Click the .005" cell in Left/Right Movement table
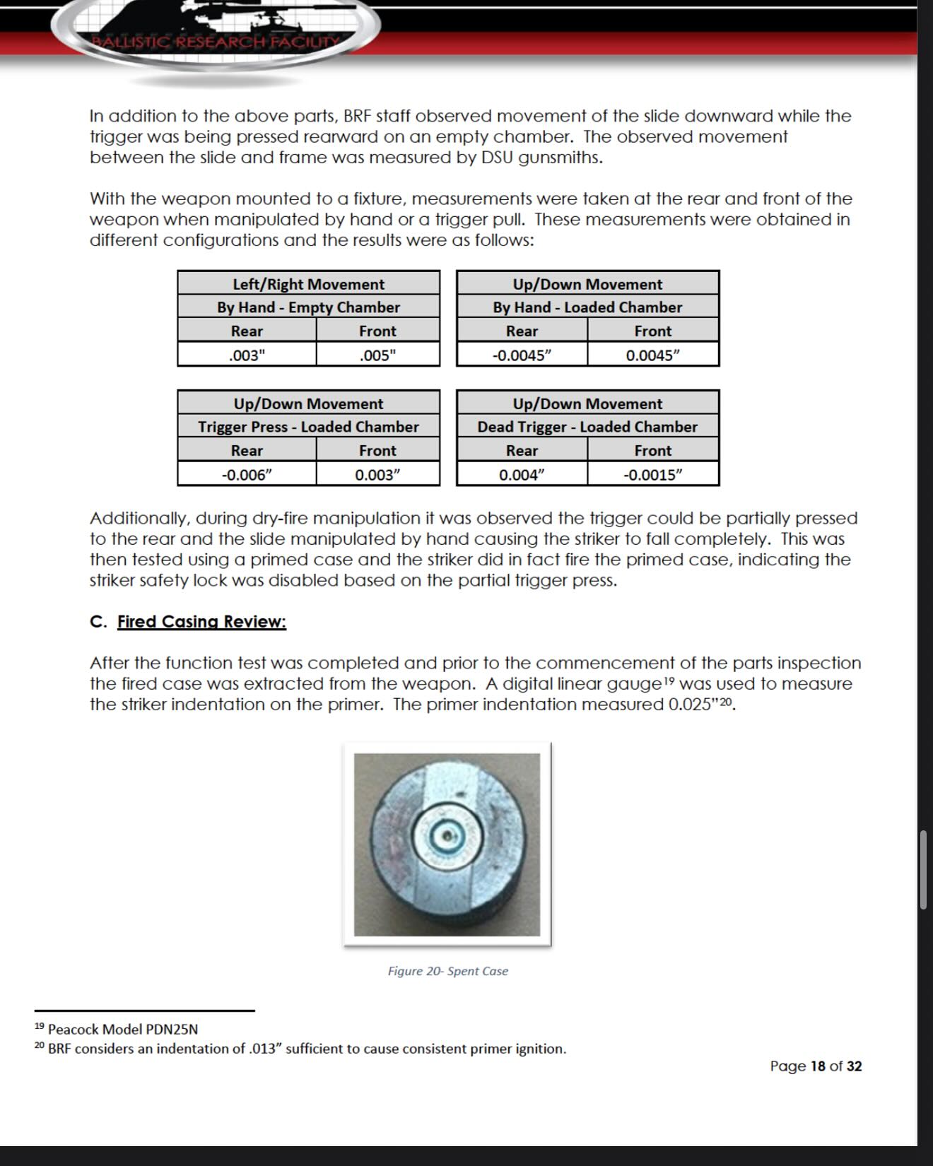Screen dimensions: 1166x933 tap(377, 355)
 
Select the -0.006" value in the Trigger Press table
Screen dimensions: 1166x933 tap(247, 474)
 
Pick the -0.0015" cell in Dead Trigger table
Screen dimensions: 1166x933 tap(652, 474)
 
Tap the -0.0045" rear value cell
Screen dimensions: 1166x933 tap(522, 355)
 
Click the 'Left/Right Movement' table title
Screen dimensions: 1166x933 tap(308, 284)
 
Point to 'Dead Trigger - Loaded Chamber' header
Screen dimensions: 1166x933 tap(587, 427)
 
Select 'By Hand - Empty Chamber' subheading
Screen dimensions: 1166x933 tap(308, 307)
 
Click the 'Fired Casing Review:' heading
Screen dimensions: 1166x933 tap(201, 622)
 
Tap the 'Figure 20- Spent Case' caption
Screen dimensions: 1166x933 tap(447, 971)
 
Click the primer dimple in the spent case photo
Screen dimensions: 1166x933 tap(447, 837)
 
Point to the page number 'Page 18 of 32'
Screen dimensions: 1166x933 tap(816, 1066)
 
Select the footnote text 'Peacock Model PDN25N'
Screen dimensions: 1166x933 tap(122, 1029)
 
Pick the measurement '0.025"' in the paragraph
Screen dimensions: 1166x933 tap(693, 705)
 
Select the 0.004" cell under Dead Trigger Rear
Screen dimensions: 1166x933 tap(522, 474)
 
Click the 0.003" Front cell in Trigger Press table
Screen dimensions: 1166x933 tap(377, 474)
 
